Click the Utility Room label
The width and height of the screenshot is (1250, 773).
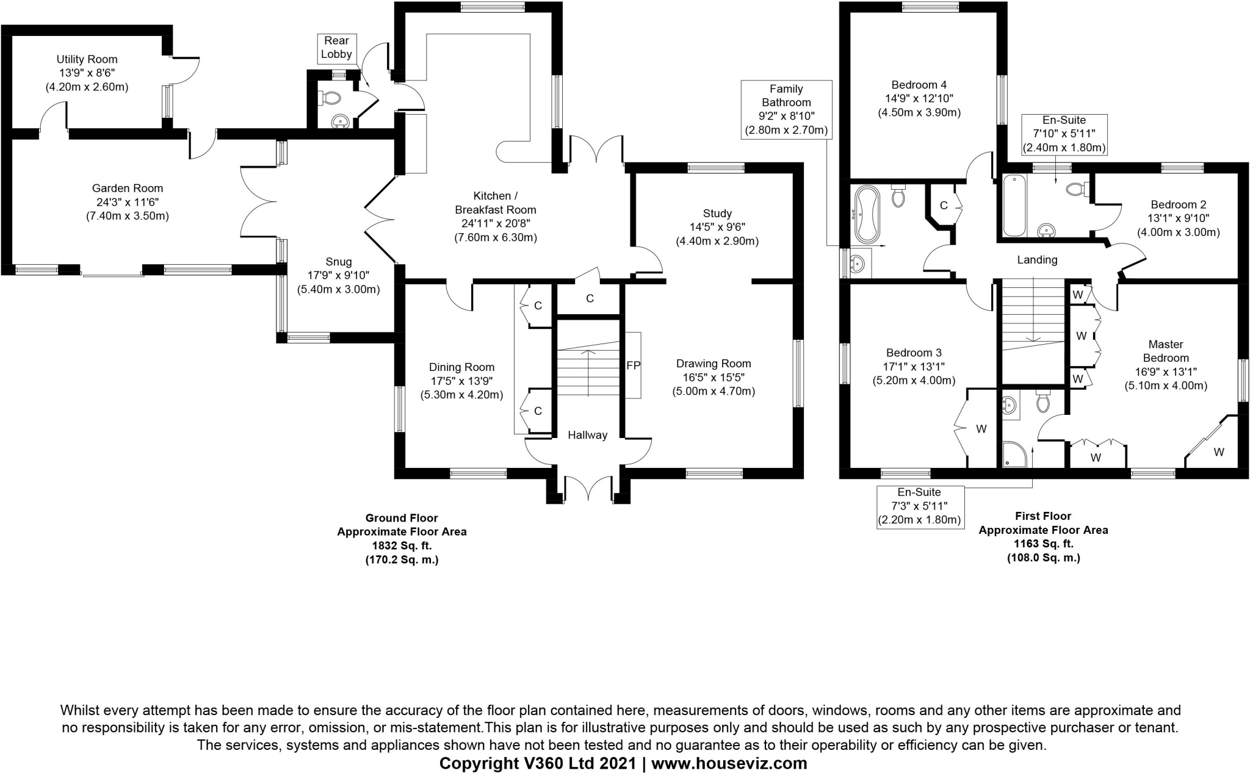(87, 59)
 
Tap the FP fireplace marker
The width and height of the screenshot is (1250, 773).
(633, 365)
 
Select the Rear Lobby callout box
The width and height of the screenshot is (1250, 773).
(336, 48)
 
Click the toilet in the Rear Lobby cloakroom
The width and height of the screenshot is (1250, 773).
(332, 98)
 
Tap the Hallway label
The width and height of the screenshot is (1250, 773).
(587, 435)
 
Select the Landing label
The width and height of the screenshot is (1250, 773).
(1037, 260)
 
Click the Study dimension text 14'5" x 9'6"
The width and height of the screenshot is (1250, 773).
(717, 227)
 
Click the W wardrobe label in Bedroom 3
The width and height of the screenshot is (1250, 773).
(981, 429)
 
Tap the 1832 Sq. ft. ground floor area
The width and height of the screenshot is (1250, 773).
(402, 545)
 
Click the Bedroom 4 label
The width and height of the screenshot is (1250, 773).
(919, 85)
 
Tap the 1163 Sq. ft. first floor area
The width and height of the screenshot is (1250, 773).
(1043, 544)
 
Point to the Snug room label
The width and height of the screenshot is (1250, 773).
(338, 262)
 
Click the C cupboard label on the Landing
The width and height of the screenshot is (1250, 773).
(944, 206)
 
